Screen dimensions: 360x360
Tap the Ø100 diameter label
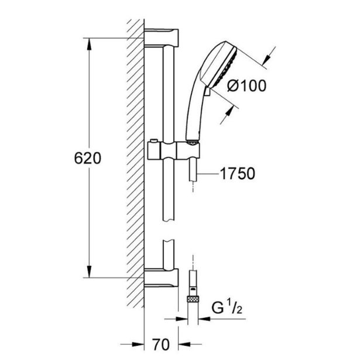[246, 85]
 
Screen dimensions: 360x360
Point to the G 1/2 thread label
[225, 307]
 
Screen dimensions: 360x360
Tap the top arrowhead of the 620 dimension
[89, 43]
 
